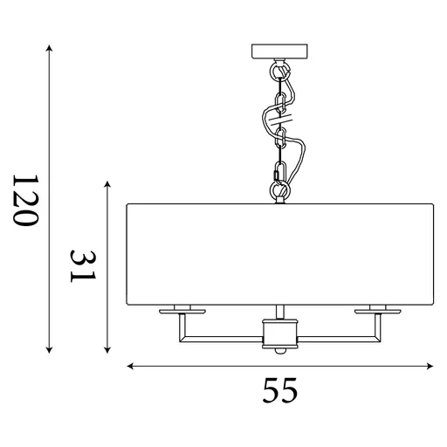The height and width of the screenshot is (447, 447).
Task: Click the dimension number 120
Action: click(26, 201)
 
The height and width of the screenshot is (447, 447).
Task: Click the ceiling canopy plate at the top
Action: click(279, 51)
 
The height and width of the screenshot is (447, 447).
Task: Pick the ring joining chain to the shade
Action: click(279, 189)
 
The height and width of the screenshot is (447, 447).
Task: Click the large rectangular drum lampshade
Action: click(279, 255)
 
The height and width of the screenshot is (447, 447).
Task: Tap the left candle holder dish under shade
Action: click(182, 309)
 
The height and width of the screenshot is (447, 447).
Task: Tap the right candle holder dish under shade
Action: click(376, 309)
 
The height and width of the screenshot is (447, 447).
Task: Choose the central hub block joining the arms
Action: click(279, 332)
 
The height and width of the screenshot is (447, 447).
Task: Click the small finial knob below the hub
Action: click(279, 351)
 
